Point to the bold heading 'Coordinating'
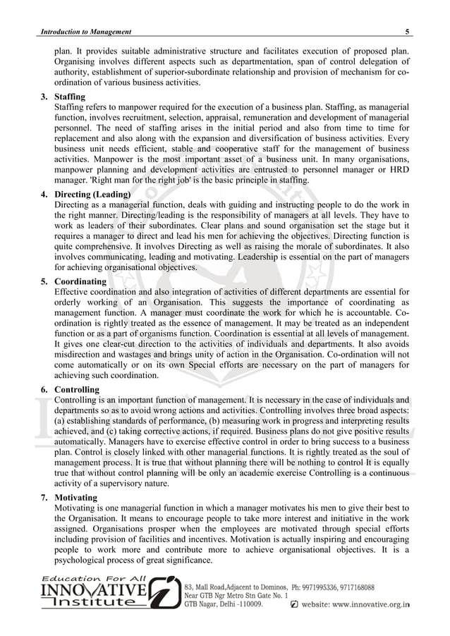click(x=80, y=281)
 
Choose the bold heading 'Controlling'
click(x=77, y=389)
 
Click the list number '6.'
click(x=45, y=389)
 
